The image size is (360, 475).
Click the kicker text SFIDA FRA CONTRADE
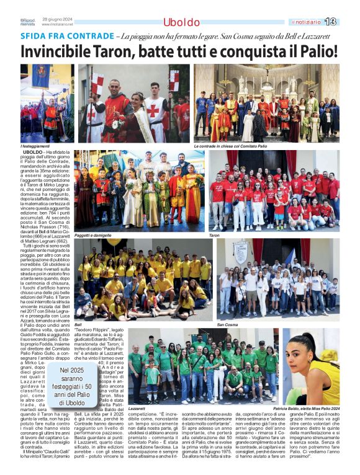click(59, 37)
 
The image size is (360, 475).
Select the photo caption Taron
click(215, 236)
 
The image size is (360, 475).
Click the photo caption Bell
click(78, 324)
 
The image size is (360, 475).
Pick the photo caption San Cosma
click(227, 324)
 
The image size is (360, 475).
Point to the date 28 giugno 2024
click(56, 20)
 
